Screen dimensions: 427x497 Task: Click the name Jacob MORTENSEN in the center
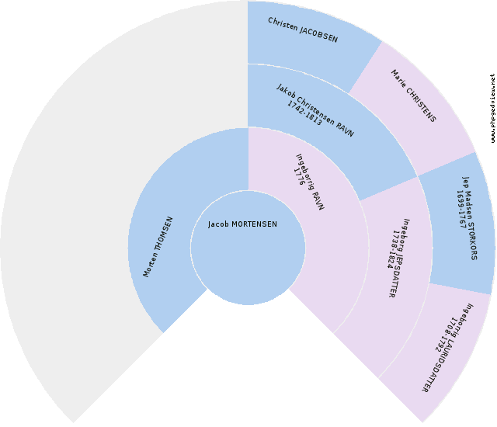(x=242, y=224)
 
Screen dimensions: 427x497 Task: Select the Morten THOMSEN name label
(x=158, y=246)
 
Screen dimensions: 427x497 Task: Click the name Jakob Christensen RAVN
(x=315, y=110)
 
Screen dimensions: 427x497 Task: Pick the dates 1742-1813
(x=304, y=113)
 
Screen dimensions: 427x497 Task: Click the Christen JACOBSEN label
(x=303, y=30)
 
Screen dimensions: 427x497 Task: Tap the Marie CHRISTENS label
(x=413, y=96)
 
